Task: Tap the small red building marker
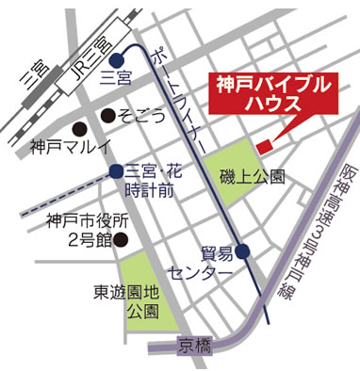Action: pyautogui.click(x=264, y=145)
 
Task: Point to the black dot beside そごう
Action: pyautogui.click(x=110, y=116)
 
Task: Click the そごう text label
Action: pyautogui.click(x=142, y=116)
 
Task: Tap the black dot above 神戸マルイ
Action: pyautogui.click(x=80, y=128)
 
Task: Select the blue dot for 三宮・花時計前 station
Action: pyautogui.click(x=115, y=171)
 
